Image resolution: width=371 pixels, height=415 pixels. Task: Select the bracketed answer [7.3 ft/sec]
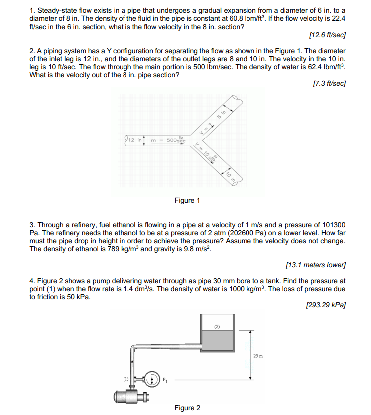[x=329, y=84]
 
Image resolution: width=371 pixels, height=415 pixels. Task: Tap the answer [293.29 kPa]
[x=327, y=304]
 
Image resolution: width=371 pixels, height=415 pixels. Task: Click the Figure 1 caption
[x=187, y=200]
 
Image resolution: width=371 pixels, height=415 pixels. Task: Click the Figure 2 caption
[x=187, y=408]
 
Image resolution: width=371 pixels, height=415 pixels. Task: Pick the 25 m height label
[x=258, y=356]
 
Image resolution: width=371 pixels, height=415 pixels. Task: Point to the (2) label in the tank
[x=217, y=327]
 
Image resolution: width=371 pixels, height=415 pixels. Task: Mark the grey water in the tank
[x=218, y=342]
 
